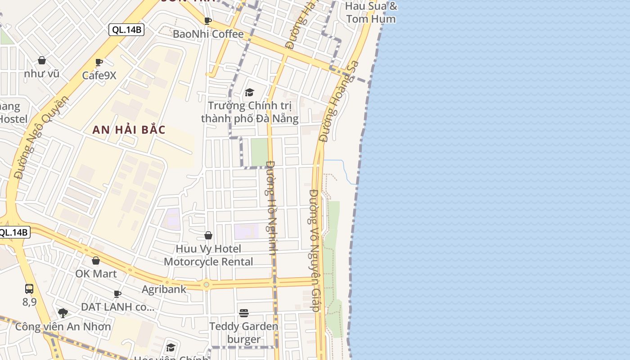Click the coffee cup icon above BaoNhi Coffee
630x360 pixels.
pyautogui.click(x=207, y=21)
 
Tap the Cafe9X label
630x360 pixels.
pyautogui.click(x=99, y=75)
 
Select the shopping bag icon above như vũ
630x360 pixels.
pyautogui.click(x=42, y=60)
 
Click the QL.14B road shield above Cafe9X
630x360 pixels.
pyautogui.click(x=126, y=30)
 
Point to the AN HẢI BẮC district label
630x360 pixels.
pyautogui.click(x=129, y=130)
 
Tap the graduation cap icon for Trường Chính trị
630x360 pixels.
pyautogui.click(x=249, y=93)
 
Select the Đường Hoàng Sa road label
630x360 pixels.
pyautogui.click(x=339, y=101)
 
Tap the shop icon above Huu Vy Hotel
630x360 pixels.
pyautogui.click(x=208, y=235)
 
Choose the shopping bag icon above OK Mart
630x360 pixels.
pyautogui.click(x=96, y=261)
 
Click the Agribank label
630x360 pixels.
pyautogui.click(x=164, y=289)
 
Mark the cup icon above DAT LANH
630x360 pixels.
pyautogui.click(x=117, y=294)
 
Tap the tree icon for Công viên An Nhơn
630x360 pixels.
pyautogui.click(x=63, y=313)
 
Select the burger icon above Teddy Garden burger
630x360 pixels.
pyautogui.click(x=244, y=313)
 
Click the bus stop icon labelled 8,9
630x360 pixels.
pyautogui.click(x=29, y=289)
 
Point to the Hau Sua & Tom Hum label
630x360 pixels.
pyautogui.click(x=371, y=13)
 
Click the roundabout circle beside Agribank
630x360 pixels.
pyautogui.click(x=207, y=284)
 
